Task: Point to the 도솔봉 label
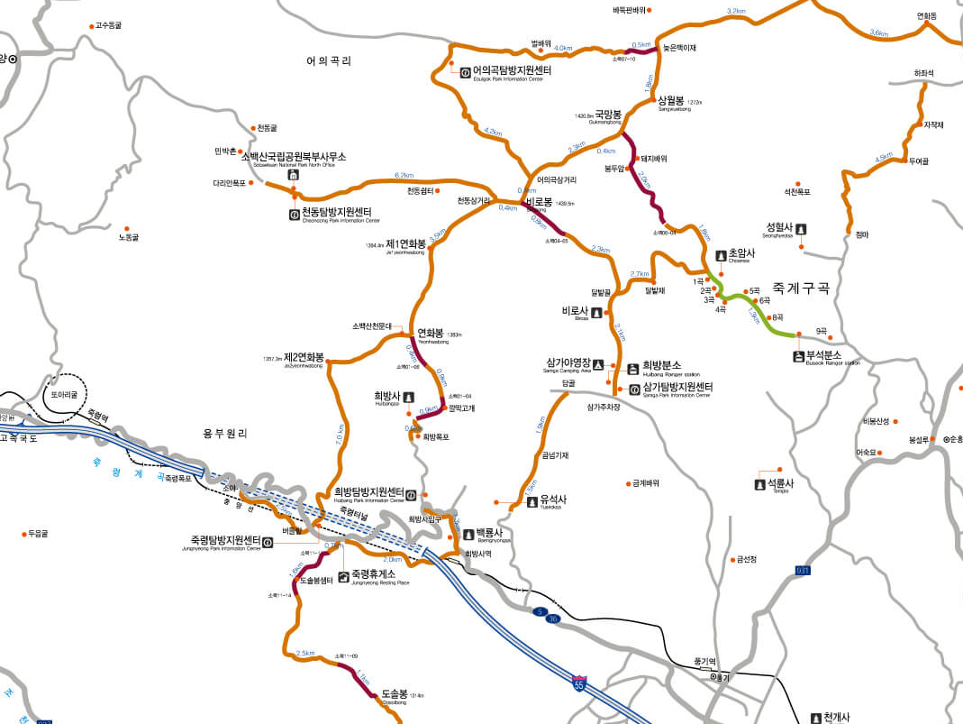(x=395, y=693)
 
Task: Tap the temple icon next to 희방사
(x=409, y=397)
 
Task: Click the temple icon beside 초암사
(x=721, y=255)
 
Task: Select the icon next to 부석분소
(x=798, y=356)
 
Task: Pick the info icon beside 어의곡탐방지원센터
(x=464, y=71)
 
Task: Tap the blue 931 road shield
(x=803, y=571)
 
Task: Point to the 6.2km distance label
(x=404, y=175)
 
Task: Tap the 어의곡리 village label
(x=328, y=61)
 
